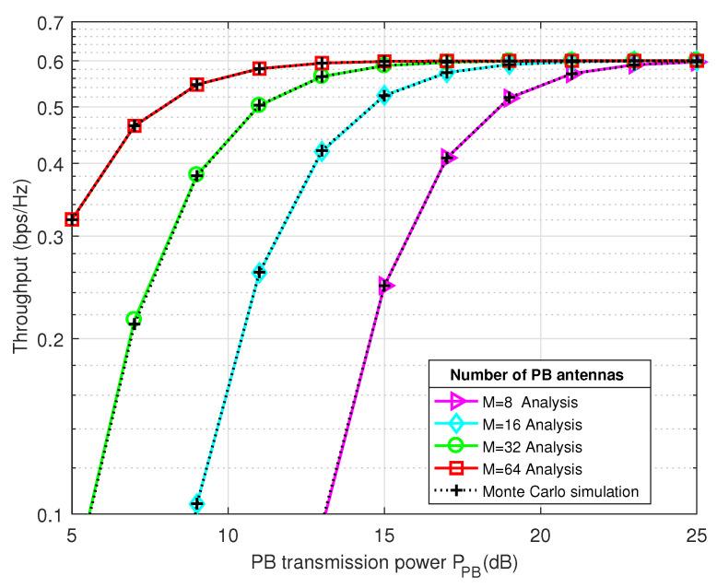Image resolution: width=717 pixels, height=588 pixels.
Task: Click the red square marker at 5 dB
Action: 72,219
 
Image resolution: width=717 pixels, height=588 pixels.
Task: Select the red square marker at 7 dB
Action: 135,125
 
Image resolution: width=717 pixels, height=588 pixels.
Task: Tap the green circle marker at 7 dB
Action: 134,319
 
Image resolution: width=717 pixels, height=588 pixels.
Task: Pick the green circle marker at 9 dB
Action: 196,174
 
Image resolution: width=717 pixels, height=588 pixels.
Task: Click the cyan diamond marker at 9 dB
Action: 197,504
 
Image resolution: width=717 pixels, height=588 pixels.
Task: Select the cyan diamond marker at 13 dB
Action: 322,150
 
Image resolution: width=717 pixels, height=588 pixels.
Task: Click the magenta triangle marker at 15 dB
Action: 386,286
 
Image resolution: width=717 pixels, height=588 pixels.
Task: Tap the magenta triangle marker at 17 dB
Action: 448,158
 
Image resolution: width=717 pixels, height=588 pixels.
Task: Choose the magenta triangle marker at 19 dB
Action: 511,97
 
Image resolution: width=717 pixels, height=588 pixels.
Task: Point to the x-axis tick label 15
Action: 384,535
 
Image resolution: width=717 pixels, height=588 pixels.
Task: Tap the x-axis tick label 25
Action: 697,535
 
